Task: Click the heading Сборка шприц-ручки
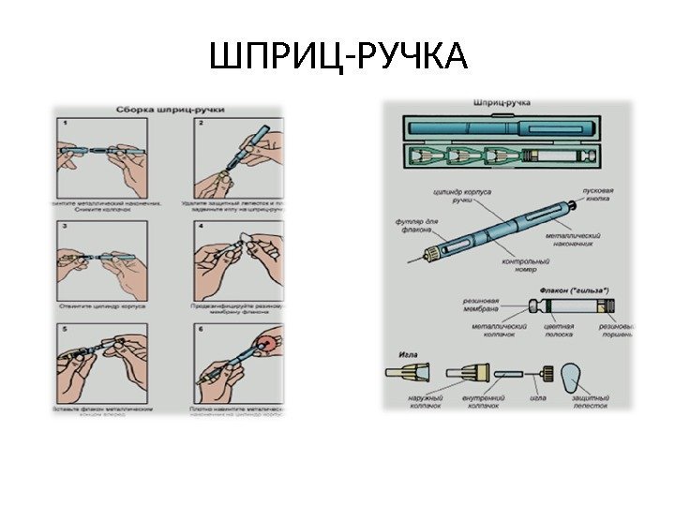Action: click(x=169, y=109)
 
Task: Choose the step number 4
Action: click(x=199, y=226)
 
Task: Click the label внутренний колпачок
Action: click(x=476, y=402)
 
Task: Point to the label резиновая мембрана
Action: click(x=481, y=305)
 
